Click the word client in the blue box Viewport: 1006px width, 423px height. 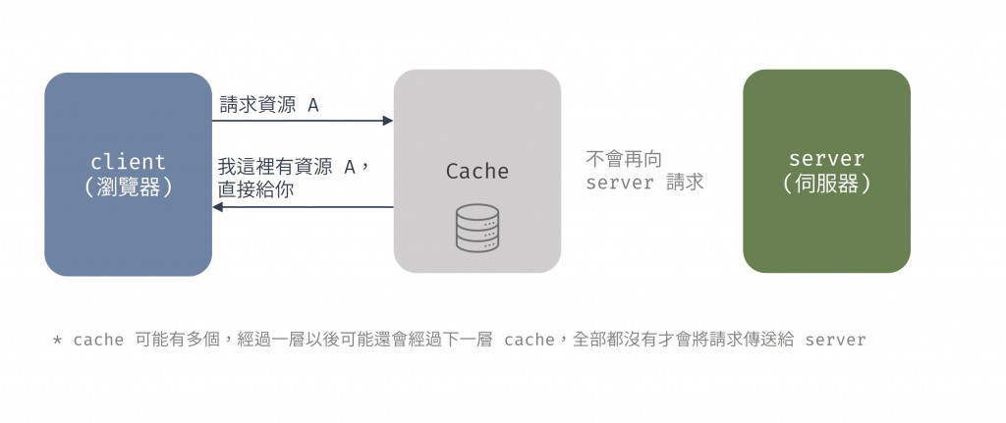[128, 162]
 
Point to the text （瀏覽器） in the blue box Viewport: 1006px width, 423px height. [128, 186]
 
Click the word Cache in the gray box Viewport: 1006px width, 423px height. [477, 172]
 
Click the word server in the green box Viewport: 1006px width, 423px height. [826, 159]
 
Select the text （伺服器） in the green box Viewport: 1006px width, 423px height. [826, 184]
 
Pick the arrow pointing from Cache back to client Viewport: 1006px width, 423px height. [305, 207]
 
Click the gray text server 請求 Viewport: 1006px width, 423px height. [644, 183]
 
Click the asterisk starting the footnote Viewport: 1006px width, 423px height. [57, 341]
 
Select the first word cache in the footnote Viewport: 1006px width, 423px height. [98, 341]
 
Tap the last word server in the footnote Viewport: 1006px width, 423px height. [835, 341]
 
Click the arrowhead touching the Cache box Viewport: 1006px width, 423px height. [388, 121]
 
